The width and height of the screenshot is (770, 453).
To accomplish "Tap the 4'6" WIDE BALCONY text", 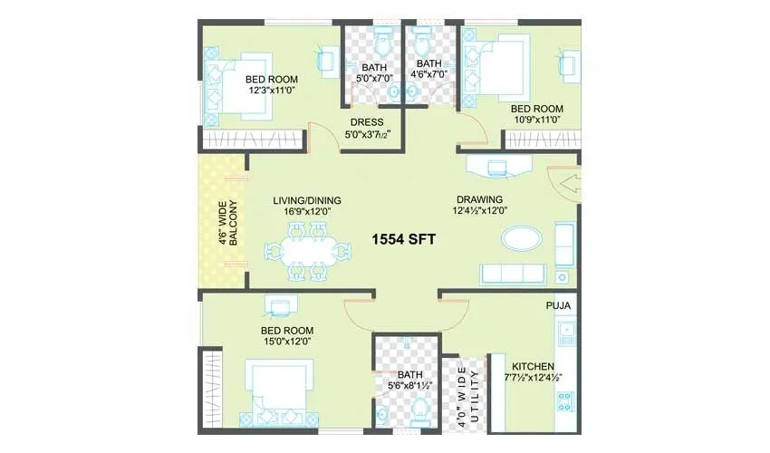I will (x=227, y=224).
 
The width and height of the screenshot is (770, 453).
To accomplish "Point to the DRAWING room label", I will (x=479, y=199).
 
